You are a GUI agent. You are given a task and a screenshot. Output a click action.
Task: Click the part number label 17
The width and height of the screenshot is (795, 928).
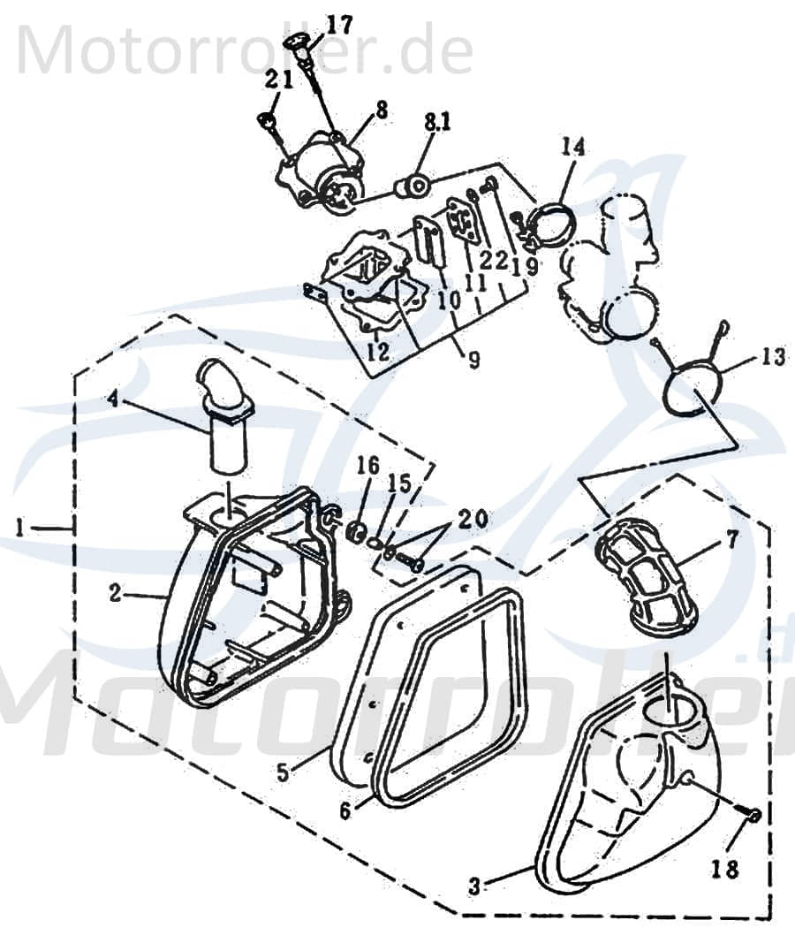[x=338, y=24]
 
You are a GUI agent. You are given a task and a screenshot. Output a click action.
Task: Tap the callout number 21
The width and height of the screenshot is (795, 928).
[x=279, y=80]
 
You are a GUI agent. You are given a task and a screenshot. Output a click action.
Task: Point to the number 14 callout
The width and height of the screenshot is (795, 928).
[x=572, y=147]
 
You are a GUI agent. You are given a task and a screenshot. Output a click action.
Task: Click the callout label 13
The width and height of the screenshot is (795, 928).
[x=771, y=357]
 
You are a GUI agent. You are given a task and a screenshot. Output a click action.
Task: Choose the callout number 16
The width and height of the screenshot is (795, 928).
[x=367, y=466]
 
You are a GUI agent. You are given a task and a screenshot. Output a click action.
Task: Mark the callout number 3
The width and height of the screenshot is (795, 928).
[x=502, y=884]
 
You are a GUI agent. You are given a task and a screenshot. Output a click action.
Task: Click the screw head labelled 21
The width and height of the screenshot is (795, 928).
[x=264, y=118]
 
